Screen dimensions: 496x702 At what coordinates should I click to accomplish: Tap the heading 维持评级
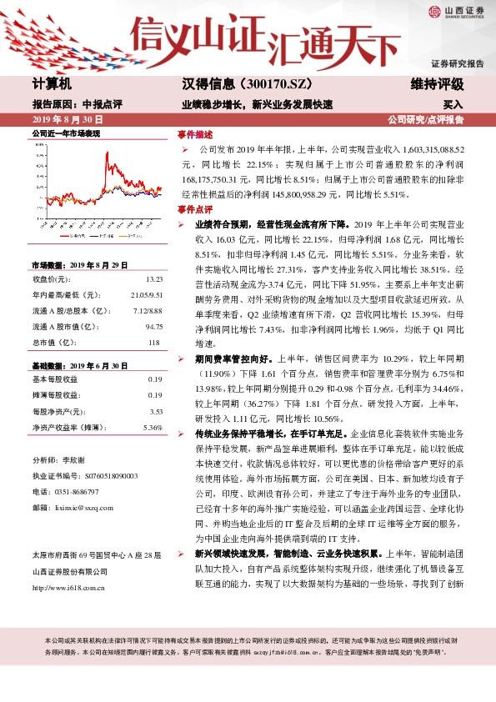[x=437, y=84]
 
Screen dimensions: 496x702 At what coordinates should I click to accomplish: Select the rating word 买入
[x=453, y=106]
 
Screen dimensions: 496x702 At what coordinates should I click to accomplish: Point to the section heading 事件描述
[x=194, y=134]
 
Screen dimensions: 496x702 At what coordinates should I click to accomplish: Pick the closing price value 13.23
[x=153, y=278]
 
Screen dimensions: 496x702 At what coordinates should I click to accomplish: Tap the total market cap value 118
[x=156, y=342]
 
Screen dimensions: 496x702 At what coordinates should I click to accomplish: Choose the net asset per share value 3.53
[x=155, y=411]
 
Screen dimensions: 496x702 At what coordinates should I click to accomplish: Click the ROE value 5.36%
[x=153, y=427]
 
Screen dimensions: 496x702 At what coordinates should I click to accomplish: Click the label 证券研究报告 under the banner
[x=457, y=63]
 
